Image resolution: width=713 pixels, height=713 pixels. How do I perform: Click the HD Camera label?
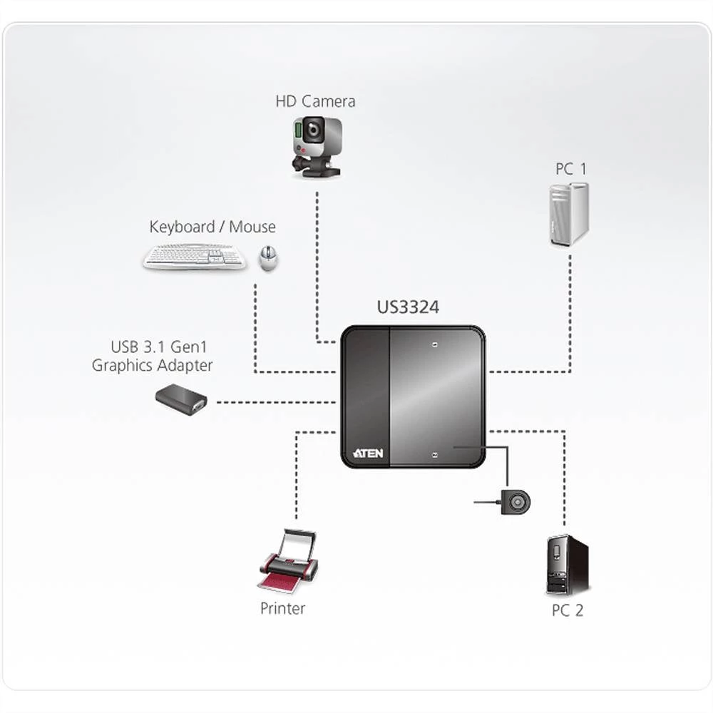tap(315, 101)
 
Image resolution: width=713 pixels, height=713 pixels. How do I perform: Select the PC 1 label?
tap(570, 169)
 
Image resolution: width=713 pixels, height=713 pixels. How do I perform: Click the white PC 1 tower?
tap(569, 214)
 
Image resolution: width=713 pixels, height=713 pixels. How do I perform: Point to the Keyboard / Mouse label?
tap(212, 227)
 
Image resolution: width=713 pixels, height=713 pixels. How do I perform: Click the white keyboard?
tap(194, 257)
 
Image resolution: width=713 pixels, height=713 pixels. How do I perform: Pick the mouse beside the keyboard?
tap(268, 258)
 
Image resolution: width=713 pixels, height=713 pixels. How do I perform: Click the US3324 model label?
tap(408, 308)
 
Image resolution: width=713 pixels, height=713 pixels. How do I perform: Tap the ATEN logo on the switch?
tap(368, 453)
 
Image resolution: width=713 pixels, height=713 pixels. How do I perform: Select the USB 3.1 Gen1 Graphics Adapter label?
tap(152, 356)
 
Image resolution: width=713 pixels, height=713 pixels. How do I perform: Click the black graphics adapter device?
tap(181, 399)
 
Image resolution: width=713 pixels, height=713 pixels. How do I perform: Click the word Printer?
tap(282, 608)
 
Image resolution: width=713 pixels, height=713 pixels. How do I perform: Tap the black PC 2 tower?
tap(568, 565)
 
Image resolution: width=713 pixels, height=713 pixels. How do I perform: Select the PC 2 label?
tap(568, 610)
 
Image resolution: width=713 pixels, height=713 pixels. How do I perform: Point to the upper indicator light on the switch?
tap(436, 344)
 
